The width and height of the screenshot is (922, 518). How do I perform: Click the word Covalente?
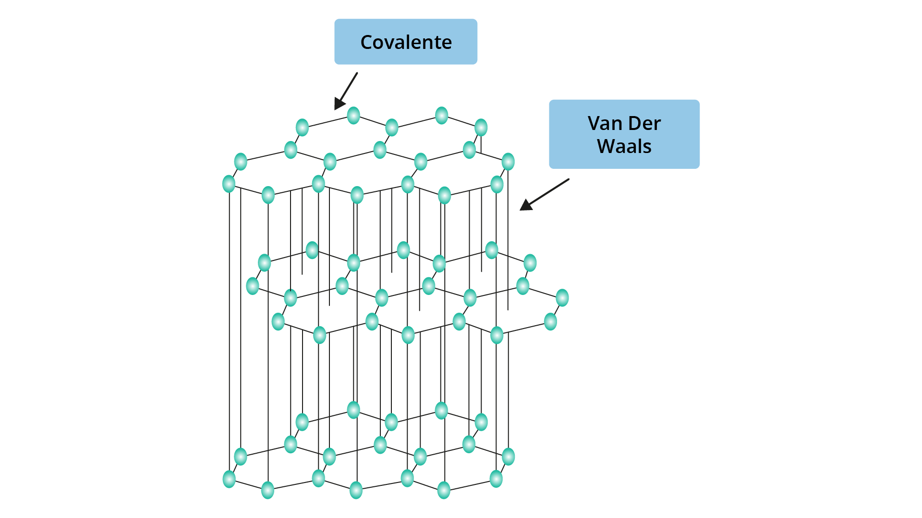click(406, 42)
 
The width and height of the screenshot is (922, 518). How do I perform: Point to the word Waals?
click(624, 146)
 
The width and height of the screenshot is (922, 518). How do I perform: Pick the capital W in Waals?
click(607, 146)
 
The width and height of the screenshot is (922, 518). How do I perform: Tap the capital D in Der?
click(635, 123)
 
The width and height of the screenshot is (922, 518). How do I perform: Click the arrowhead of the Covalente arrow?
click(340, 104)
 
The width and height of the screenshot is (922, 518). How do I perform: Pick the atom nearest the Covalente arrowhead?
click(353, 116)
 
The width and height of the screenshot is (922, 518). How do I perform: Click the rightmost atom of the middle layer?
click(562, 298)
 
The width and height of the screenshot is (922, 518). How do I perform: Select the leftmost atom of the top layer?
click(229, 184)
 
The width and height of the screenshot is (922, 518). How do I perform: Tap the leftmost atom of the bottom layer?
click(230, 479)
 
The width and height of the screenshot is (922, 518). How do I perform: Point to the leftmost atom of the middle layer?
click(253, 286)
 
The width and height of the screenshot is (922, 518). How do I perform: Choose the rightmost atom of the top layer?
click(508, 162)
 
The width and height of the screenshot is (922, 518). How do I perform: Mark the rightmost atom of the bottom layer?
click(508, 457)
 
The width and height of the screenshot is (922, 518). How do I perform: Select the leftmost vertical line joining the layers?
click(230, 331)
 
